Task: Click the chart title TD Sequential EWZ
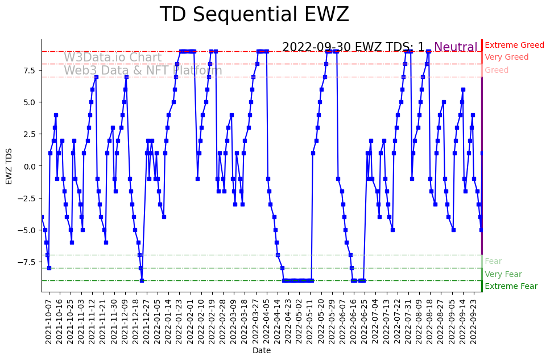254,15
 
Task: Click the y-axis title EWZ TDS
9,165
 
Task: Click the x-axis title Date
262,351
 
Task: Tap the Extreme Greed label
514,45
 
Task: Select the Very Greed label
506,57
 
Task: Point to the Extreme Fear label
511,286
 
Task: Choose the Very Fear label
503,274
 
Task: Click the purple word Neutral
456,47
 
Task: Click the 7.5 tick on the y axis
29,71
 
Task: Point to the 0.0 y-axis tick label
29,166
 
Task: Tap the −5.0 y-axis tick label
27,230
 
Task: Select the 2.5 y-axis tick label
29,134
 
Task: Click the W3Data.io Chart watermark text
113,57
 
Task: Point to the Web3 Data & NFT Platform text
143,71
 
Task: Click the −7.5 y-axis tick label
27,262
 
